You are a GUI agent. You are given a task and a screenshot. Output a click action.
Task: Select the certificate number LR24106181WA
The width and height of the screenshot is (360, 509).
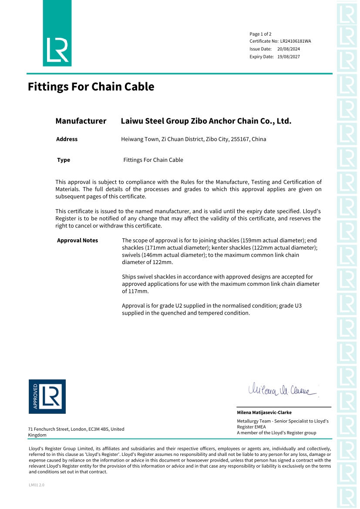296,41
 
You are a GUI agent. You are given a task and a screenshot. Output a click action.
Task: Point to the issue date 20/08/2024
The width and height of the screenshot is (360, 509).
289,49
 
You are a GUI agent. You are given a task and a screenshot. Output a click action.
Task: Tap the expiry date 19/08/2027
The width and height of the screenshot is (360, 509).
289,57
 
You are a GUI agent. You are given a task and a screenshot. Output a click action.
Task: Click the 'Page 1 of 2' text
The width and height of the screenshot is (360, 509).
260,34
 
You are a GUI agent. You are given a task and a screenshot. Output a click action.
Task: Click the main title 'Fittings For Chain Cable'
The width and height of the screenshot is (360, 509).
91,87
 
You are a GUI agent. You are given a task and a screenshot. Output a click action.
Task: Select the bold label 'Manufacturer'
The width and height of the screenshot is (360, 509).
81,121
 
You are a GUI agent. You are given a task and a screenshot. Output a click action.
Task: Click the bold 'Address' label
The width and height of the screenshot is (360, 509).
67,139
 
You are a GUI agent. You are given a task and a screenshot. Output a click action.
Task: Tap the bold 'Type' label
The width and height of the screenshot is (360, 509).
64,160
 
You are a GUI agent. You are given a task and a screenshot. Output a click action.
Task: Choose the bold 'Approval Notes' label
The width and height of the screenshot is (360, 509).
77,241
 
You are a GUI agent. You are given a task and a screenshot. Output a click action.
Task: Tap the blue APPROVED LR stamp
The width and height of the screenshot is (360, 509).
47,396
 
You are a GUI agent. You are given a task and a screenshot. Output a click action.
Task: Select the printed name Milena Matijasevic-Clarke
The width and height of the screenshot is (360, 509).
264,412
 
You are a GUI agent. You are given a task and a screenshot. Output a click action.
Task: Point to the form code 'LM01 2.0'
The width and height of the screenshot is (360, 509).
37,485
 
